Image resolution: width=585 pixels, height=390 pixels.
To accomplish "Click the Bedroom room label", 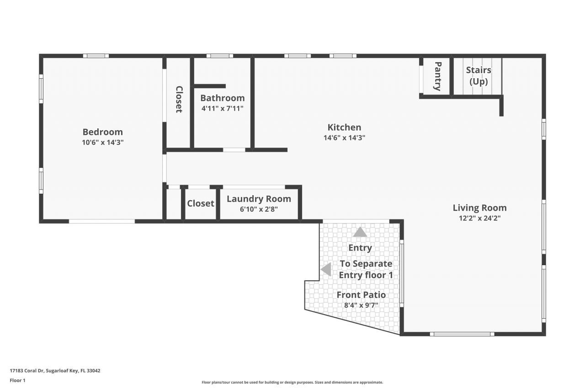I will pyautogui.click(x=102, y=132).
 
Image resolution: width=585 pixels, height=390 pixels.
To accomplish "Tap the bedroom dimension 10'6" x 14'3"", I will pyautogui.click(x=102, y=142).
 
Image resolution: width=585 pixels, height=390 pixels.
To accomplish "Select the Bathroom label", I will pyautogui.click(x=222, y=98).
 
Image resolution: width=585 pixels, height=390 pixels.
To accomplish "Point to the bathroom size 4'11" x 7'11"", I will pyautogui.click(x=222, y=108).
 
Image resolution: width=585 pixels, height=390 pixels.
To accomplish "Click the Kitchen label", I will pyautogui.click(x=344, y=127).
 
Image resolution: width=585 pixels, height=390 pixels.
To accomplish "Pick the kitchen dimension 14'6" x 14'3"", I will pyautogui.click(x=344, y=137).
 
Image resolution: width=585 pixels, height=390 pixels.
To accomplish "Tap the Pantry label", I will pyautogui.click(x=437, y=76).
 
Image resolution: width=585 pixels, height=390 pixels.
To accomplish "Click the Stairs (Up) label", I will pyautogui.click(x=479, y=76).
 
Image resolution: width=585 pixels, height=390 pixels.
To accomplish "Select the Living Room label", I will pyautogui.click(x=479, y=208).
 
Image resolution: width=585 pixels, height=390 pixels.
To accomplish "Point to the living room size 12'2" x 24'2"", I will pyautogui.click(x=479, y=218).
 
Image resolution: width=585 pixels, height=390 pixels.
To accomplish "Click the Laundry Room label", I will pyautogui.click(x=259, y=199).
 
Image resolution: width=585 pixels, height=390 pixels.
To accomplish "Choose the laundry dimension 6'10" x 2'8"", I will pyautogui.click(x=259, y=209).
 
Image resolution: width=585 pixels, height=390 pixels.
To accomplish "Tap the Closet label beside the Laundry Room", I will pyautogui.click(x=200, y=203).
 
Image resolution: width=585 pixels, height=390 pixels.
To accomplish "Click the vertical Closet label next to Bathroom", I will pyautogui.click(x=179, y=99).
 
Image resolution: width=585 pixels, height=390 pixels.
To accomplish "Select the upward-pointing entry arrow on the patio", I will pyautogui.click(x=360, y=232).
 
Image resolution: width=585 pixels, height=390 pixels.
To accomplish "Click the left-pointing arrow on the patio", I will pyautogui.click(x=326, y=269).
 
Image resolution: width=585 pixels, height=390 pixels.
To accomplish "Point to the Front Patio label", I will pyautogui.click(x=361, y=294).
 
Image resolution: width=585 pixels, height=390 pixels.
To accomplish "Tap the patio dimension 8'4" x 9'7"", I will pyautogui.click(x=361, y=305).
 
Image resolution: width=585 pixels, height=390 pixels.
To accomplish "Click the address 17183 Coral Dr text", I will pyautogui.click(x=55, y=371).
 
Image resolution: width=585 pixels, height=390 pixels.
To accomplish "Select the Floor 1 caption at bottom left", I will pyautogui.click(x=18, y=380).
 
